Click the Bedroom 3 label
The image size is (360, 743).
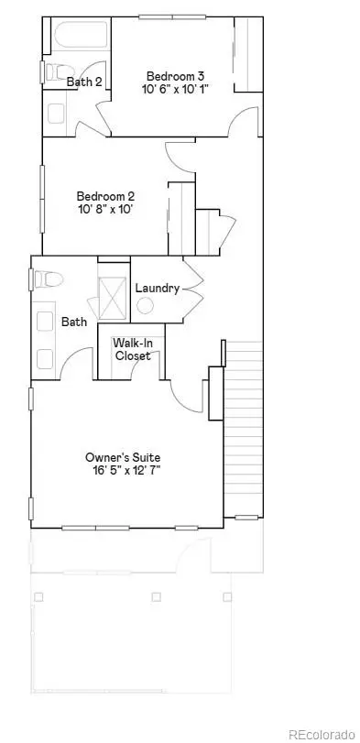(x=175, y=76)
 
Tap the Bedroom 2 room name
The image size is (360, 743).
(x=105, y=196)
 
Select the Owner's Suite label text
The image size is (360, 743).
(x=123, y=458)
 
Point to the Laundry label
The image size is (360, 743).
(x=158, y=288)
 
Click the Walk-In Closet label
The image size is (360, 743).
(x=133, y=349)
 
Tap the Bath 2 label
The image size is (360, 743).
(x=84, y=82)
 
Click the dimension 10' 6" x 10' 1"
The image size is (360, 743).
(x=175, y=89)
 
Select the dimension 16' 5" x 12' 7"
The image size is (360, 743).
(x=126, y=471)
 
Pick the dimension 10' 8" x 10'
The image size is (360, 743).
(x=104, y=209)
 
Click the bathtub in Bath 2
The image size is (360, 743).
(x=81, y=35)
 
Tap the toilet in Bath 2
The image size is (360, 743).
(x=60, y=72)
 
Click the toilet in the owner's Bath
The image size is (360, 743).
(x=49, y=279)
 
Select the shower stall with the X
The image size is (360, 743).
(x=113, y=298)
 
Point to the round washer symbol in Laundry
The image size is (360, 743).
(x=145, y=306)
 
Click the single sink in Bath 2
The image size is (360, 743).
(x=56, y=114)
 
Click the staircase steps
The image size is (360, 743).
(x=243, y=429)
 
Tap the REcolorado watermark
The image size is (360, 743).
(x=322, y=734)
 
